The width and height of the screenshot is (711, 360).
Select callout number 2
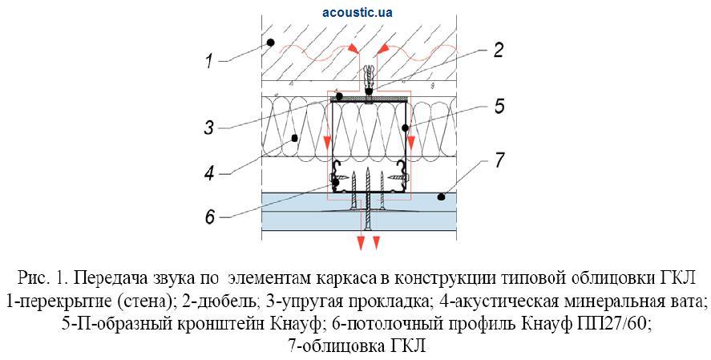[498, 51]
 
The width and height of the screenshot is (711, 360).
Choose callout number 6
[211, 216]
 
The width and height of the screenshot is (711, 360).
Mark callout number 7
[499, 159]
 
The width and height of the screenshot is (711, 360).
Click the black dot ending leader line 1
[271, 42]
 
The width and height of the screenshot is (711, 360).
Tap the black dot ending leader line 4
[295, 138]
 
